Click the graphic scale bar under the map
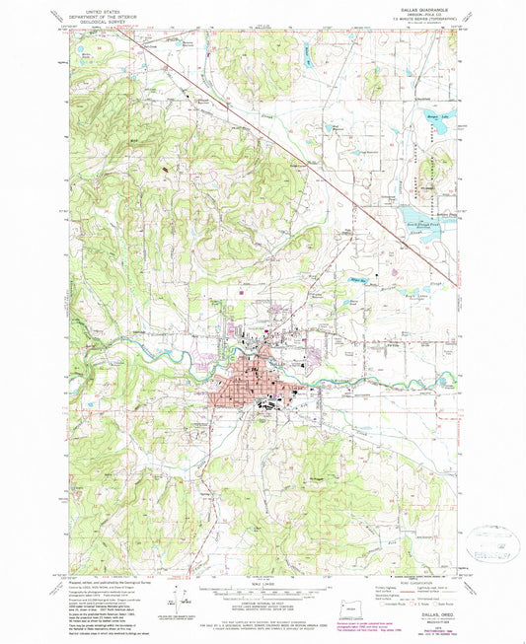(263, 572)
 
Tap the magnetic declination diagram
(181, 582)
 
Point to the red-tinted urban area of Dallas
(247, 388)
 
